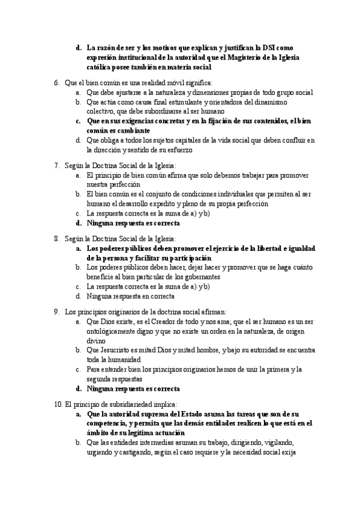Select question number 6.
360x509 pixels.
[56, 82]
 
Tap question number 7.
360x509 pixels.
[56, 165]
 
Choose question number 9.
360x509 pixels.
[56, 312]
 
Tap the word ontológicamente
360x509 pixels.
[115, 331]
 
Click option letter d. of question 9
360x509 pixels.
[79, 389]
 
